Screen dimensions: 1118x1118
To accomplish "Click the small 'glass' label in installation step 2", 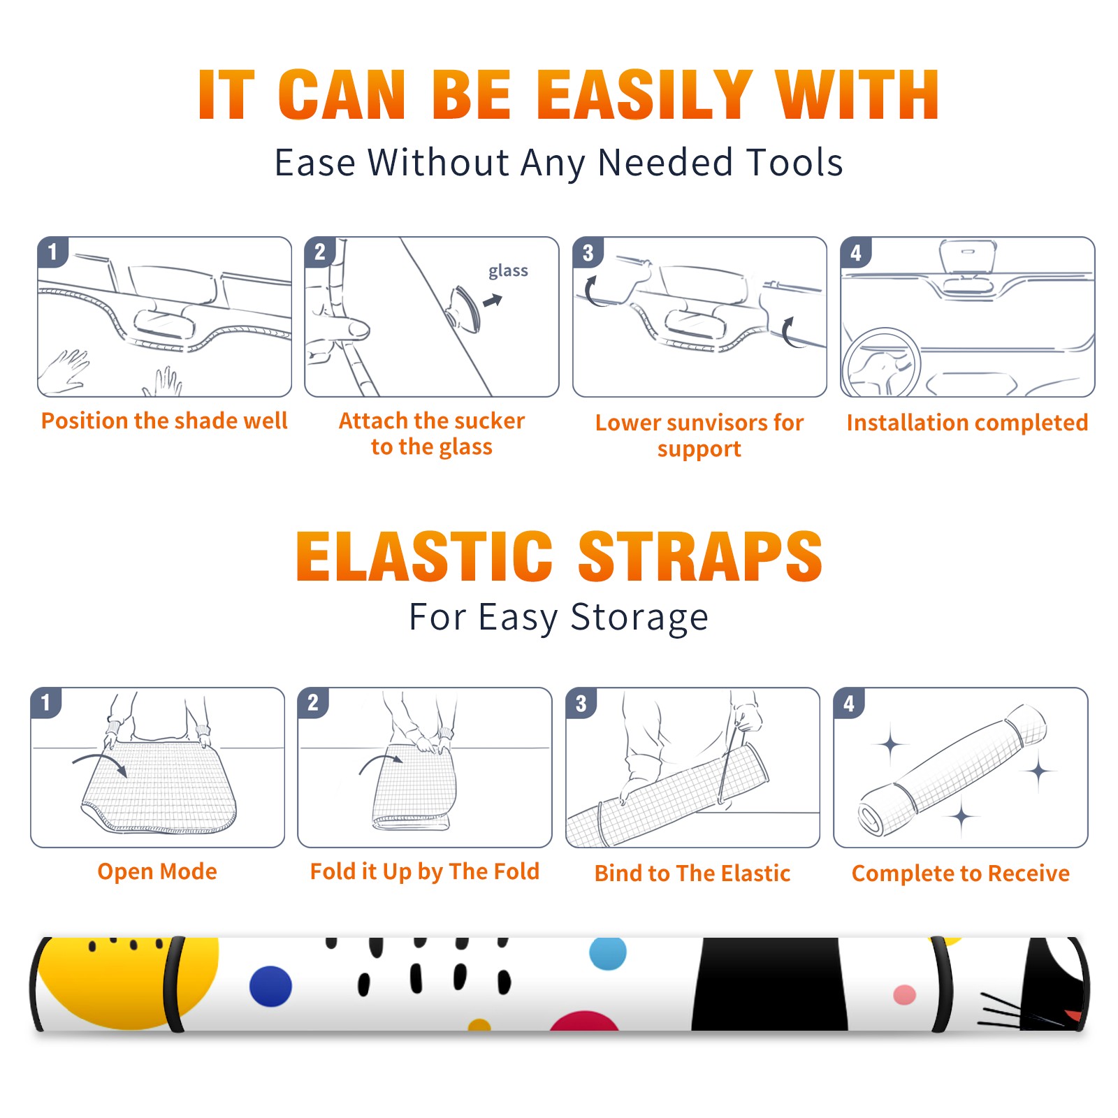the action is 508,271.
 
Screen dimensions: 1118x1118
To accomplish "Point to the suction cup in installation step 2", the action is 465,307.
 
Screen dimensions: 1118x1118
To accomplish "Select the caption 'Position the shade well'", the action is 164,421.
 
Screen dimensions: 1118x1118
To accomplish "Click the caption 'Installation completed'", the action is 967,422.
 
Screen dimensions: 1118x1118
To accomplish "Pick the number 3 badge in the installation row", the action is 588,252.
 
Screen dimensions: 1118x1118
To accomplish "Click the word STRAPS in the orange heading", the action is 700,556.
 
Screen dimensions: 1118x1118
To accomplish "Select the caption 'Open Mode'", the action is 157,871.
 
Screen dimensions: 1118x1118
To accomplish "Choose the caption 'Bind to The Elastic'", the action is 692,873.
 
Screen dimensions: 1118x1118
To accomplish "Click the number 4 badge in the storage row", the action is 849,703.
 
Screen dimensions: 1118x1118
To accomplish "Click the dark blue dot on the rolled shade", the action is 270,986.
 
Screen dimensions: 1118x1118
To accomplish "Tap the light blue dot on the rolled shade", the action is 608,953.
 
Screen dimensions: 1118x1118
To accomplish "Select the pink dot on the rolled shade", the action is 904,995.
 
